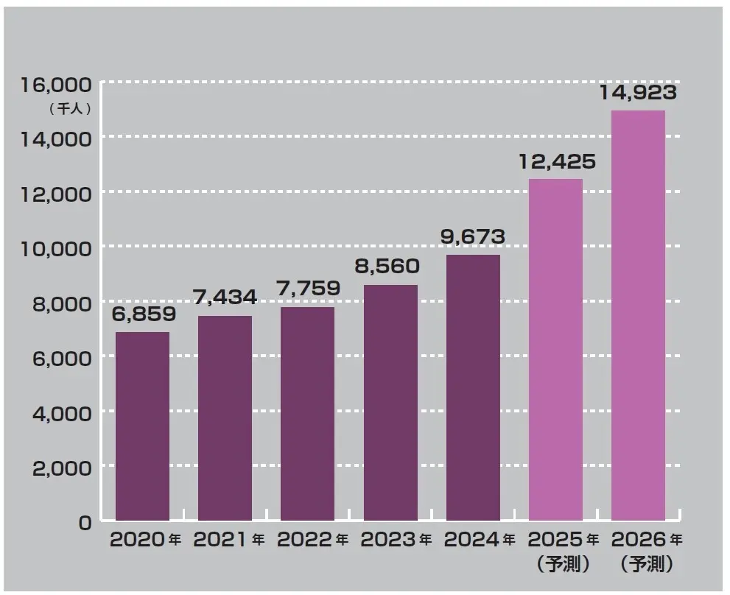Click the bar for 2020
click(x=142, y=427)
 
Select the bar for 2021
click(x=225, y=419)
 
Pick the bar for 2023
click(x=390, y=404)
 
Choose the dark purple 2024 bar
click(x=473, y=388)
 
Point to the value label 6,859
click(x=144, y=314)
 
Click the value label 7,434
click(x=225, y=297)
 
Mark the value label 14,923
click(x=638, y=93)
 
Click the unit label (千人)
click(x=69, y=108)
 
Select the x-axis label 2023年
click(x=396, y=540)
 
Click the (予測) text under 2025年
click(x=563, y=565)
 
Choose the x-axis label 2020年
click(x=145, y=540)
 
